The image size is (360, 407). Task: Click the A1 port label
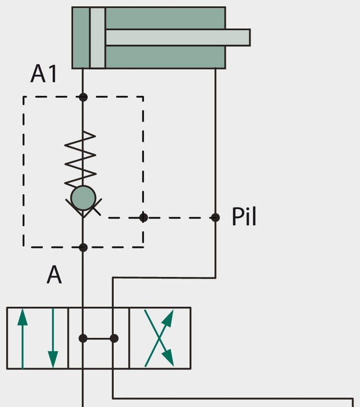click(x=44, y=74)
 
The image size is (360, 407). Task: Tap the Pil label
click(x=244, y=217)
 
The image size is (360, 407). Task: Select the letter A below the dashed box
click(x=54, y=274)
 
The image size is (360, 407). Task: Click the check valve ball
click(x=83, y=198)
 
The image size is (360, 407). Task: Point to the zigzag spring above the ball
click(x=80, y=159)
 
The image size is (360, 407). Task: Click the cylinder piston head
click(x=98, y=38)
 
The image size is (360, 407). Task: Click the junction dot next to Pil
click(x=215, y=218)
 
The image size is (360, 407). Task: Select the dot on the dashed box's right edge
click(x=144, y=218)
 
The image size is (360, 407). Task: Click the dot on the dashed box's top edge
click(x=83, y=97)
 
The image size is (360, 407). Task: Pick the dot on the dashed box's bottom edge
click(x=83, y=248)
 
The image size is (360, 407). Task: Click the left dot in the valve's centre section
click(x=83, y=338)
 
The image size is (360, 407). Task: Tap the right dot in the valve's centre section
click(x=114, y=338)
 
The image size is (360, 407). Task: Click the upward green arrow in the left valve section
click(x=22, y=338)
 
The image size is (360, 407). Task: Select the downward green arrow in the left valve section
click(x=53, y=338)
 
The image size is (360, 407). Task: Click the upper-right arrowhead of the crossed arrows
click(x=168, y=317)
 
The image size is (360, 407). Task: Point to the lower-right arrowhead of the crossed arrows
click(x=168, y=358)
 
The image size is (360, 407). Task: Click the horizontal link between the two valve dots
click(x=98, y=338)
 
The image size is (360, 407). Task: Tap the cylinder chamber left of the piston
click(x=81, y=38)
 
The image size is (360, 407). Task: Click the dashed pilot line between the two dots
click(x=179, y=218)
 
